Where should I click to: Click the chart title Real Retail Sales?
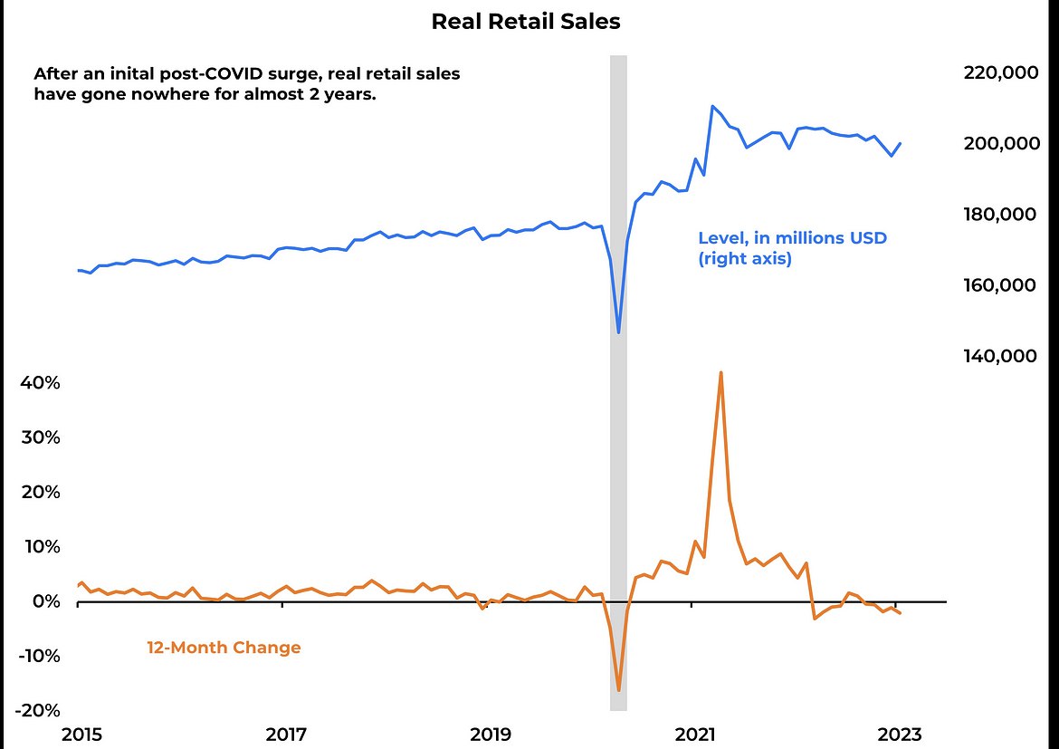click(526, 22)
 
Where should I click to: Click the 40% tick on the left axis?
click(40, 383)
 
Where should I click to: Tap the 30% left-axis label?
click(40, 437)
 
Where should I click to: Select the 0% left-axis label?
click(44, 601)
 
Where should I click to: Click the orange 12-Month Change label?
click(224, 648)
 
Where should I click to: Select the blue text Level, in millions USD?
click(792, 239)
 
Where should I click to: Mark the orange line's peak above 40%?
click(720, 372)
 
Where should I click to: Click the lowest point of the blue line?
click(618, 332)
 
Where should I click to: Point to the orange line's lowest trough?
click(618, 690)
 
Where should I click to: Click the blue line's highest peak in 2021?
click(713, 107)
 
